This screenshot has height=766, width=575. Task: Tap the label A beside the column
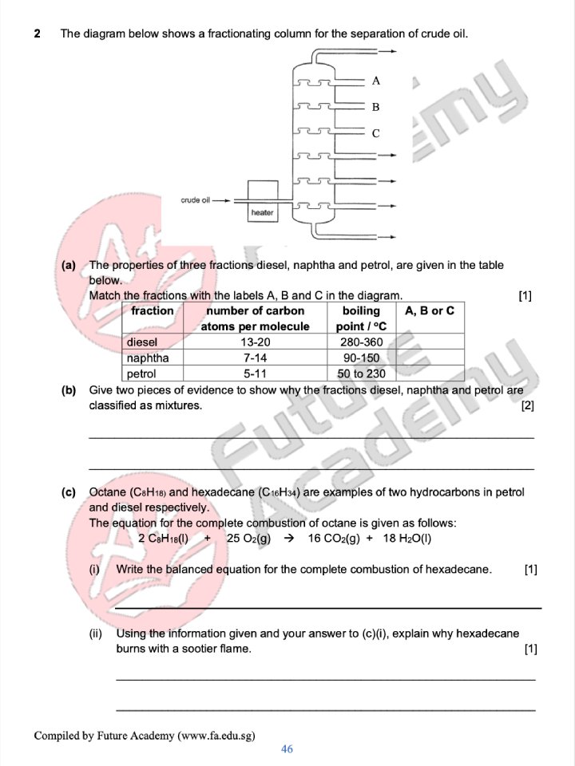[x=375, y=81]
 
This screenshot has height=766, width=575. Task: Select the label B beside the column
[x=375, y=107]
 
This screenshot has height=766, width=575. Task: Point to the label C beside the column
[x=375, y=133]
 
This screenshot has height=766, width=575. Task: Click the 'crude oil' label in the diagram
[x=196, y=200]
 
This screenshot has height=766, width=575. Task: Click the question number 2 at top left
[x=38, y=34]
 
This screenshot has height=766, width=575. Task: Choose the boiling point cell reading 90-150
[x=362, y=358]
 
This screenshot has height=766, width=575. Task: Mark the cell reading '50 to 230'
[x=362, y=373]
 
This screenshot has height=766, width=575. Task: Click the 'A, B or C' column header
[x=430, y=311]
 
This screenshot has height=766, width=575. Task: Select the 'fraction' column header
[x=153, y=311]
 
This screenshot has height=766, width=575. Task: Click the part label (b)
[x=69, y=391]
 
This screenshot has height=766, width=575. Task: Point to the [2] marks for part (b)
[x=527, y=406]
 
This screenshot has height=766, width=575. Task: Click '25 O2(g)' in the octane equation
[x=249, y=539]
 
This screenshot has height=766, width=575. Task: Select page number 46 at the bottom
[x=287, y=749]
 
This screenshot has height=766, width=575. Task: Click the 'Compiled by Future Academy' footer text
[x=145, y=736]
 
